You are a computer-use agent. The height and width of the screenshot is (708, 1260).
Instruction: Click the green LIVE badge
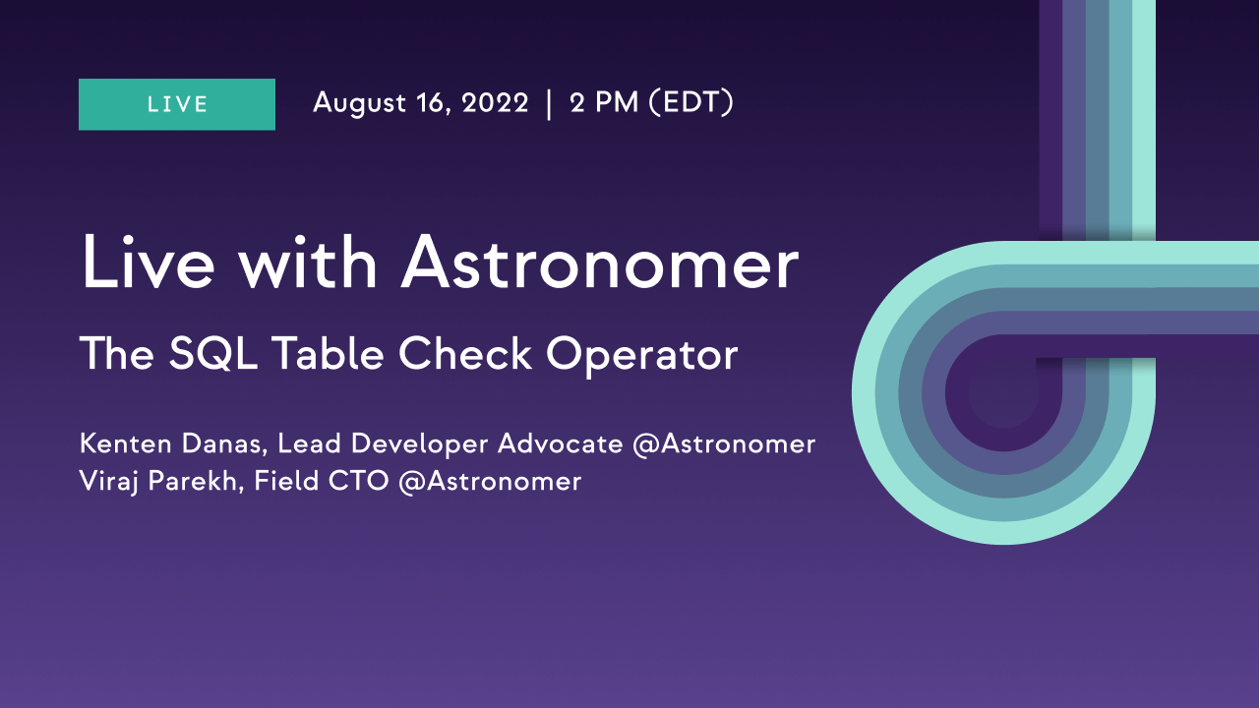[177, 104]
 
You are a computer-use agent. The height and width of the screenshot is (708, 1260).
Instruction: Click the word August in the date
[359, 104]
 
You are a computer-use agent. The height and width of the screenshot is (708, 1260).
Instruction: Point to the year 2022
[495, 103]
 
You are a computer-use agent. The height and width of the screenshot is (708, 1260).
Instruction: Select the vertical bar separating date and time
[549, 104]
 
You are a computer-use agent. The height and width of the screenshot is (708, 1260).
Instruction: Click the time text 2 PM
[604, 103]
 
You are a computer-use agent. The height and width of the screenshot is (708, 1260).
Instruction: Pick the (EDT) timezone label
[691, 103]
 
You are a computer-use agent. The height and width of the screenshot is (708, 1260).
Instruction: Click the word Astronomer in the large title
[600, 264]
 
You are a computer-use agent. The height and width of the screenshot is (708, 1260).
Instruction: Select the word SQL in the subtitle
[213, 354]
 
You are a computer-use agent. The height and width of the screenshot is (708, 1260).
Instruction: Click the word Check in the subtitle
[465, 353]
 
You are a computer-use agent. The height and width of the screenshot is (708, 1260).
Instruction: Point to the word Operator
[642, 355]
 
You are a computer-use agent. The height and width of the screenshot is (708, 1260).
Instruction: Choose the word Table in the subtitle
[328, 353]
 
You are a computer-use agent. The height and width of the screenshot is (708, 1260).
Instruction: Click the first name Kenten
[126, 443]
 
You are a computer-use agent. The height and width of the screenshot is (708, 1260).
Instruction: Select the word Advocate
[561, 443]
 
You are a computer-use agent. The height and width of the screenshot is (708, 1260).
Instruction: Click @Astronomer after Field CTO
[490, 482]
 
